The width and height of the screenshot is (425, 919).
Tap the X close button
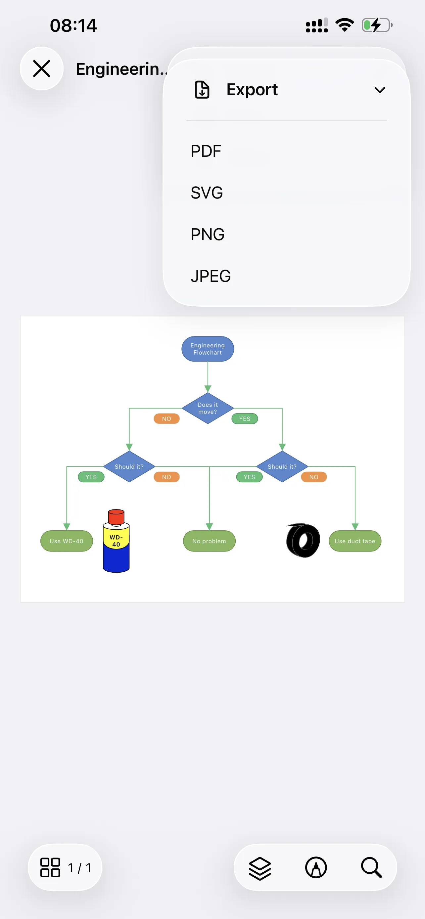[x=41, y=68]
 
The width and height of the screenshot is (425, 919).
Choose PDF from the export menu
[x=206, y=151]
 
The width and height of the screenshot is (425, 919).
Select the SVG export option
[x=207, y=193]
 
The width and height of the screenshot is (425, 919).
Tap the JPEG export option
[x=211, y=276]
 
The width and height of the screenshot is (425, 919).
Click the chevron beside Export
[x=380, y=90]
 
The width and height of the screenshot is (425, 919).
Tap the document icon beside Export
[x=202, y=90]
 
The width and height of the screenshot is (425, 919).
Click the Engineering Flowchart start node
[x=208, y=349]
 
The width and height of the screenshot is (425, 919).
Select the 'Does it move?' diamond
[x=208, y=408]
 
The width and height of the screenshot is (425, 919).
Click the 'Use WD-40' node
[x=67, y=541]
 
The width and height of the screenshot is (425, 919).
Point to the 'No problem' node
[x=209, y=541]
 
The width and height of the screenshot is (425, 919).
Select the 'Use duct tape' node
[x=355, y=541]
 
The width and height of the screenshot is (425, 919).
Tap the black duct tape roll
[x=303, y=541]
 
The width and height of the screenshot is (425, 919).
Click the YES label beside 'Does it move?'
[x=245, y=419]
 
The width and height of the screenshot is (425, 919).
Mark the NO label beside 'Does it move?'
[x=166, y=419]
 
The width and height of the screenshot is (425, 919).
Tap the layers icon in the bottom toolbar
[x=260, y=868]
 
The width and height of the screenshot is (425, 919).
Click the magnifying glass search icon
[x=371, y=868]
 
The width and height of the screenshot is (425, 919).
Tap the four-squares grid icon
[x=50, y=868]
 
